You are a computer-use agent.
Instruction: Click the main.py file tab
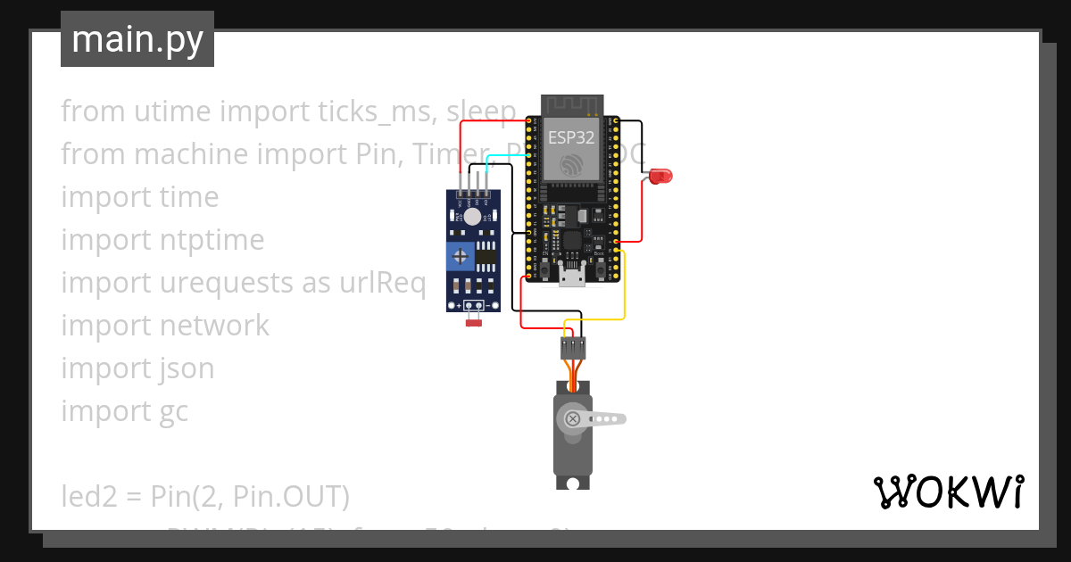pyautogui.click(x=137, y=39)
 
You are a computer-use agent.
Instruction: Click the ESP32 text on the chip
pyautogui.click(x=572, y=136)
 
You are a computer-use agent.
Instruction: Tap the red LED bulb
pyautogui.click(x=661, y=177)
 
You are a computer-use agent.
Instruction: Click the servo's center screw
pyautogui.click(x=574, y=418)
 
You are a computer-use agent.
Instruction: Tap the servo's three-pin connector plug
pyautogui.click(x=573, y=347)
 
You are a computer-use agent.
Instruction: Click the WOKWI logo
pyautogui.click(x=948, y=492)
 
